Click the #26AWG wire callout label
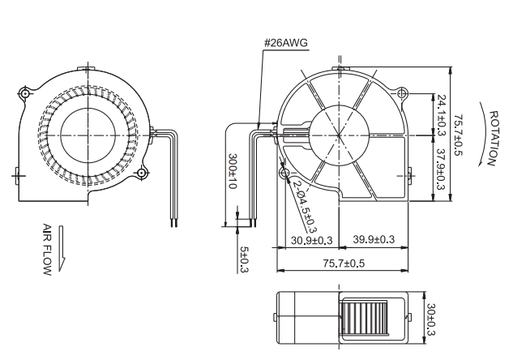[x=286, y=43]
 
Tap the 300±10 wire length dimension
[x=233, y=171]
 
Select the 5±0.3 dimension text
[x=245, y=259]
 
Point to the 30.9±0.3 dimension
[x=312, y=241]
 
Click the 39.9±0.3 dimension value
[x=374, y=239]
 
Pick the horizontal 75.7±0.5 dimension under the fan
[x=344, y=264]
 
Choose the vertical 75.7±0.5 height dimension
[x=460, y=135]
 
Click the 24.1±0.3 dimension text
[x=442, y=115]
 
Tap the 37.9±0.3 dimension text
[x=442, y=169]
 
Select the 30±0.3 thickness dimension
[x=431, y=319]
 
